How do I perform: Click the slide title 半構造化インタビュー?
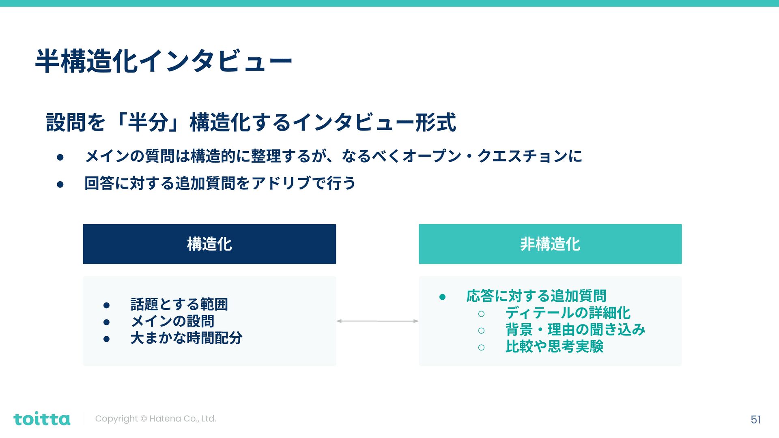(164, 61)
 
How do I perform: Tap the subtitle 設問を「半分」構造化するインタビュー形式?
(251, 122)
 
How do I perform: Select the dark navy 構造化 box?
(209, 244)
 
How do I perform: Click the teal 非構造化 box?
(550, 244)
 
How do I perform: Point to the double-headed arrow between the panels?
(377, 321)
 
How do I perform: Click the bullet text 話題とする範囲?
(179, 304)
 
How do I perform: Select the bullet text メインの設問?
(172, 321)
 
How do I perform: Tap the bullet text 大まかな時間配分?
(186, 338)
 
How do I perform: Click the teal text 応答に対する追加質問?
(536, 296)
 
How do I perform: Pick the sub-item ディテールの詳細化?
(568, 313)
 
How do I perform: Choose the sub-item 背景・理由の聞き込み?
(575, 330)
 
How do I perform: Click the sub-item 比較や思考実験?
(554, 347)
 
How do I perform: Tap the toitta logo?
(42, 419)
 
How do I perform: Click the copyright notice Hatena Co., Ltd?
(155, 419)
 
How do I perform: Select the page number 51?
(755, 419)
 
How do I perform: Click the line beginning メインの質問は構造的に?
(333, 156)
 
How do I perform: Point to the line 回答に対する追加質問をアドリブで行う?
(220, 183)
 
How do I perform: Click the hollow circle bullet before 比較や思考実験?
(481, 348)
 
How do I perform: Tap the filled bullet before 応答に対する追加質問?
(442, 297)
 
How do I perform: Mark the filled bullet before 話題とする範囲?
(106, 305)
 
